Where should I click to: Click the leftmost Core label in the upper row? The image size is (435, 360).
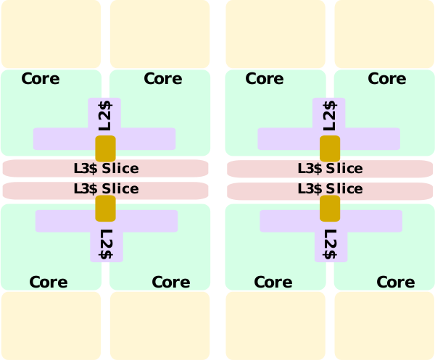point(41,78)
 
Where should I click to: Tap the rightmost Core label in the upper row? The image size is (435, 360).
point(387,78)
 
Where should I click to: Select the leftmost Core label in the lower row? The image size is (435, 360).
point(49,282)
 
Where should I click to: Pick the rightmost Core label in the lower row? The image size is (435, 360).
point(395,282)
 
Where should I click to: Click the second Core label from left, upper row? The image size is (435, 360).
point(163,78)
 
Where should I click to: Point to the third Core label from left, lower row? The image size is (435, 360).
point(273,282)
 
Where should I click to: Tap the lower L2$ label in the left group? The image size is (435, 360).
point(107,244)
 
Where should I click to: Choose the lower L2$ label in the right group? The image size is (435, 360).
point(331,244)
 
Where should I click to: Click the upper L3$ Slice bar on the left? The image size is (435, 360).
point(106,169)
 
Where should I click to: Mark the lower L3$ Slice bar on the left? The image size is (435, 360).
point(106,189)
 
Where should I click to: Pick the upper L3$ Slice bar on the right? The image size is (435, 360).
point(331,169)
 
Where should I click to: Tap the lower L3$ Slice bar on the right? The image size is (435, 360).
point(331,189)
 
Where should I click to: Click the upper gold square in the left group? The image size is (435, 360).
point(106,148)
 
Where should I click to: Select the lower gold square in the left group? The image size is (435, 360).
point(106,208)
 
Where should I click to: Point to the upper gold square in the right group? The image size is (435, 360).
point(331,148)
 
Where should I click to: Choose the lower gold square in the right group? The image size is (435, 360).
point(331,208)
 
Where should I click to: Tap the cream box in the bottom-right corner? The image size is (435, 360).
point(384,325)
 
